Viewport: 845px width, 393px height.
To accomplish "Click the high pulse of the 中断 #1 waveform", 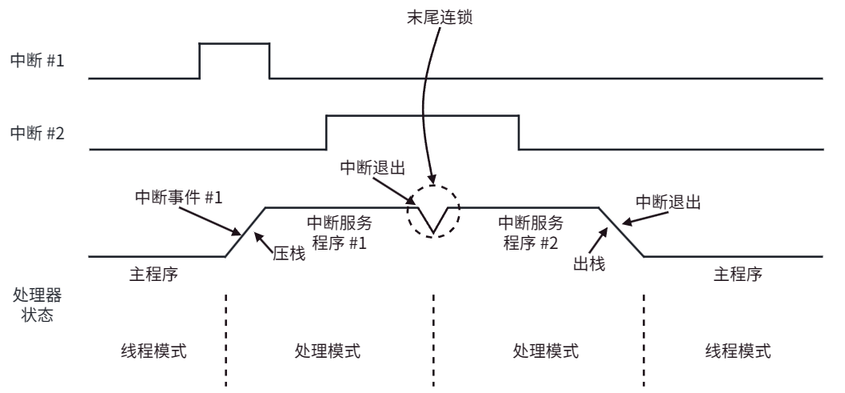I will pos(234,43).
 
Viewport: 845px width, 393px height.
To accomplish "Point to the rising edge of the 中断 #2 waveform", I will pos(327,132).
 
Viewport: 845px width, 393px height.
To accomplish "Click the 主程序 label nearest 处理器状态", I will pos(153,274).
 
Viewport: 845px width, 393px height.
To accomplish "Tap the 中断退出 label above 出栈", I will pos(668,202).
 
